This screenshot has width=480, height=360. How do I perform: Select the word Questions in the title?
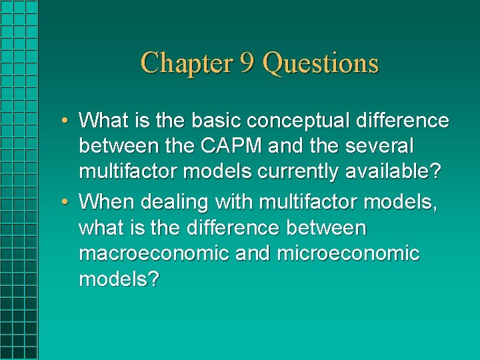[x=321, y=63]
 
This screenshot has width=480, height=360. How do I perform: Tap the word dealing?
[x=170, y=201]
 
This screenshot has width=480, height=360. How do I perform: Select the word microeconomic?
[x=349, y=253]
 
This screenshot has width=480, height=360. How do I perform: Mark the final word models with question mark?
[x=119, y=279]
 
